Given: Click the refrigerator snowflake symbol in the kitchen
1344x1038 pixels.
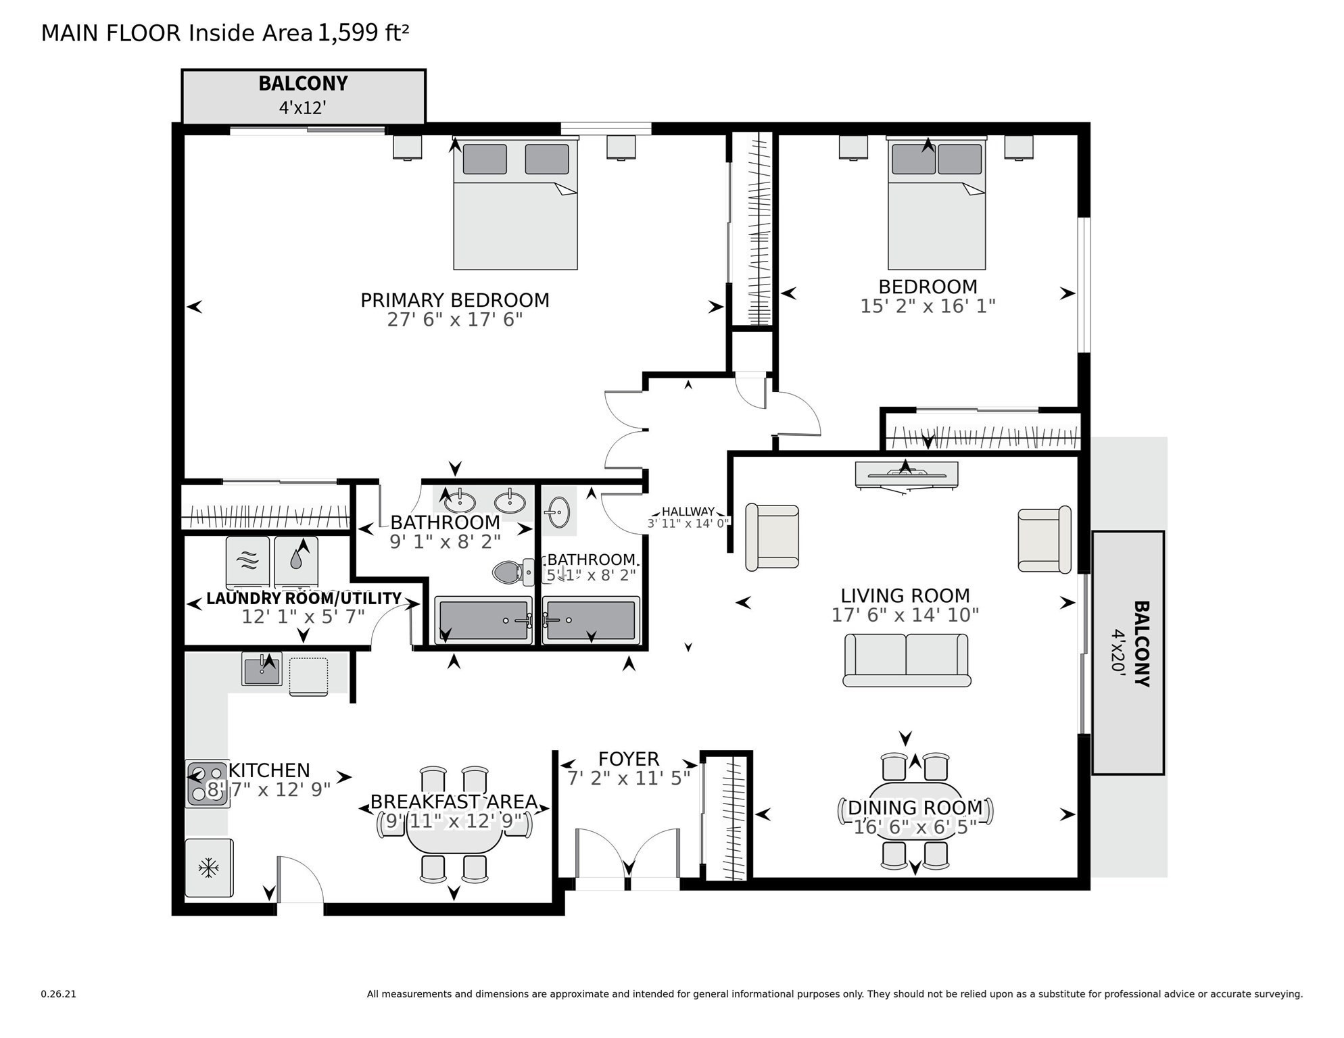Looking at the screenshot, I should tap(208, 868).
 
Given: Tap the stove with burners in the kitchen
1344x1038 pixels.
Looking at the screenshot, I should tap(207, 783).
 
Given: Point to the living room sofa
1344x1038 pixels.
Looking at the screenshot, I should tap(906, 660).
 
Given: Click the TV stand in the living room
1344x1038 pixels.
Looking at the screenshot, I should tap(906, 474).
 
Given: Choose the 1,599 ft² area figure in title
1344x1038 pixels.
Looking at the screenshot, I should tap(363, 32).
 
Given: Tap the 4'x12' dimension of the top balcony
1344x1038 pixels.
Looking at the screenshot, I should tap(302, 107).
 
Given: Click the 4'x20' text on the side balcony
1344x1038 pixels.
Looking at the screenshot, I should tap(1119, 650).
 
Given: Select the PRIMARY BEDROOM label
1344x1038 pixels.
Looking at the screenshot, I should tap(454, 300).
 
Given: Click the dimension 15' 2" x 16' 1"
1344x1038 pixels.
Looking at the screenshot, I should tap(927, 306).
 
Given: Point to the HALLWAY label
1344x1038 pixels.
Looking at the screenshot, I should tap(688, 512).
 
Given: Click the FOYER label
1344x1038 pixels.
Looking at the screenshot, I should tap(628, 759).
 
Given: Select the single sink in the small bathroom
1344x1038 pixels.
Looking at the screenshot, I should tap(559, 512).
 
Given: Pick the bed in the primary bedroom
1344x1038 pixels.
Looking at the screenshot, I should tap(515, 204).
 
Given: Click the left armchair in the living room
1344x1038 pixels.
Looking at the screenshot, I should tap(771, 537).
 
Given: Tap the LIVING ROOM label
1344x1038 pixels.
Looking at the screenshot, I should tap(905, 595).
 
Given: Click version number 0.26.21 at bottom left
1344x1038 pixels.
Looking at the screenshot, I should tap(58, 993).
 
